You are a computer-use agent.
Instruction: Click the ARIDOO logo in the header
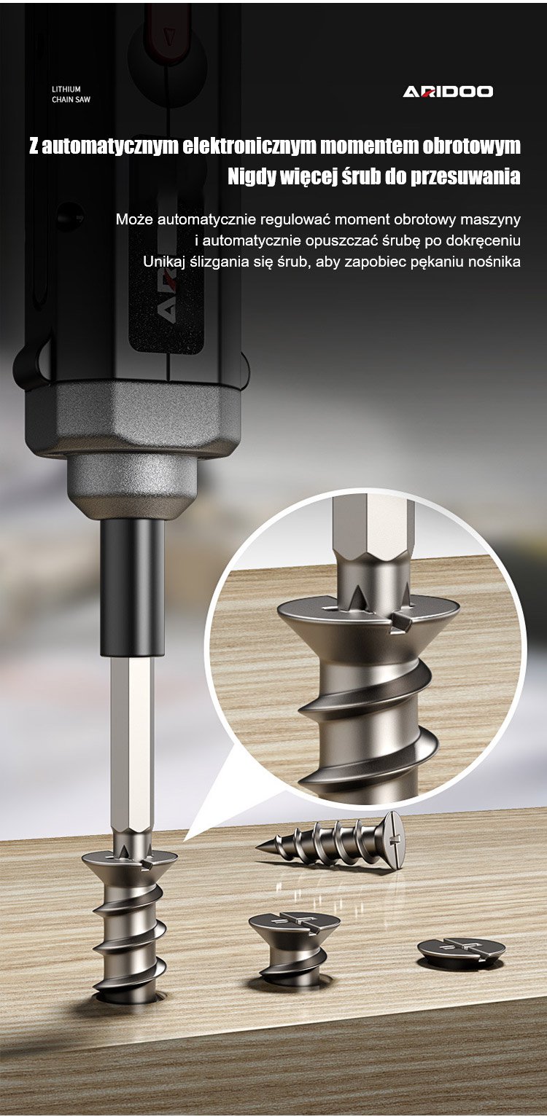click(448, 91)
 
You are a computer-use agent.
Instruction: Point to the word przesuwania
click(465, 176)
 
